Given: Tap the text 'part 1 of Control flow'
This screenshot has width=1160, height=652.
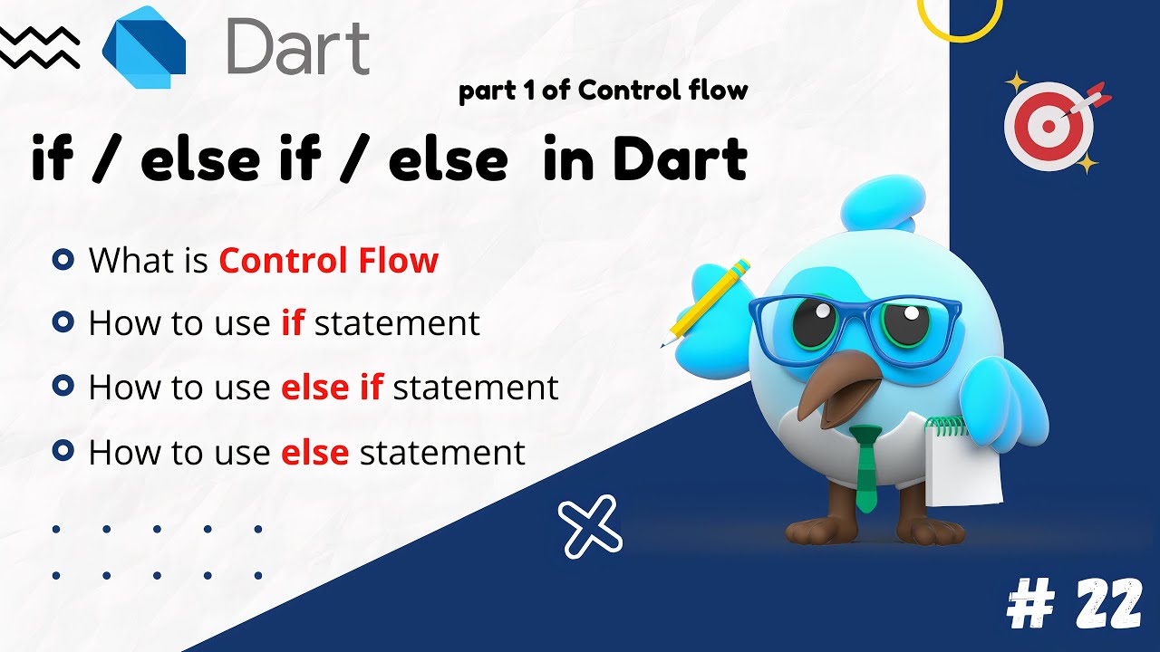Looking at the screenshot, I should pos(603,91).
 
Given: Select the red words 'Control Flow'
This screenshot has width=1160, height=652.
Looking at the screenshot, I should pos(328,261).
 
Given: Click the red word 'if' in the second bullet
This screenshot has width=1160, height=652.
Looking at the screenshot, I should pos(292,322).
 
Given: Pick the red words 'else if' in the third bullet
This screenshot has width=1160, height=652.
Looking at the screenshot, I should pos(332,387).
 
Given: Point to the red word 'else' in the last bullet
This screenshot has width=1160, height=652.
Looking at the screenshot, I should pos(314,451).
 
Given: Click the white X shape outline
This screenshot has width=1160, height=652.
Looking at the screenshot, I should pos(591,526).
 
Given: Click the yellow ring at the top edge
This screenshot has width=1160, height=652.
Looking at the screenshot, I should pos(960,18).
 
